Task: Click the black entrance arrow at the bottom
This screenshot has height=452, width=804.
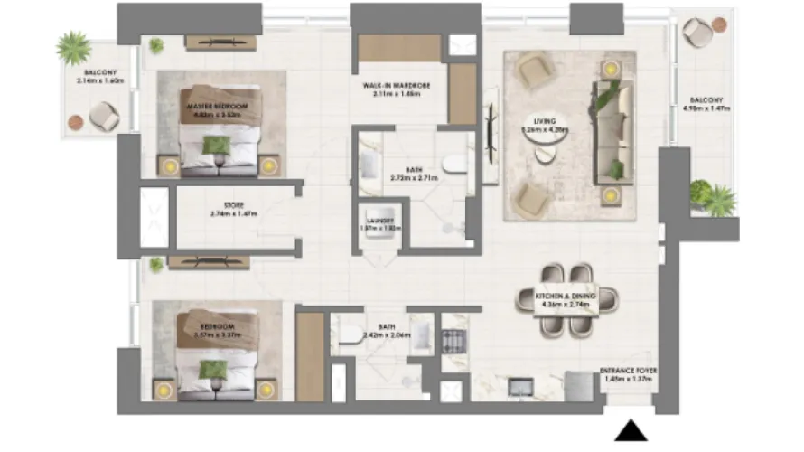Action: (x=631, y=431)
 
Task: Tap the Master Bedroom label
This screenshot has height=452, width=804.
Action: (x=217, y=110)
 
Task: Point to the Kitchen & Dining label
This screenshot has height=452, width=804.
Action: (x=562, y=300)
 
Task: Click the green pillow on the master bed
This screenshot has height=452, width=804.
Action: (x=215, y=144)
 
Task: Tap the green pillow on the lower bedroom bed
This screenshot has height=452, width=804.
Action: (x=213, y=368)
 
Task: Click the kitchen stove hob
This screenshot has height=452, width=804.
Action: (x=451, y=341)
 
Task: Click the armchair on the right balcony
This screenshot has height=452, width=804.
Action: (x=696, y=33)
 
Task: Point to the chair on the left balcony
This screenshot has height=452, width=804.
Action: (x=103, y=116)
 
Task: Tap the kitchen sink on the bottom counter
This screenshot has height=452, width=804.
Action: (x=522, y=386)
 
